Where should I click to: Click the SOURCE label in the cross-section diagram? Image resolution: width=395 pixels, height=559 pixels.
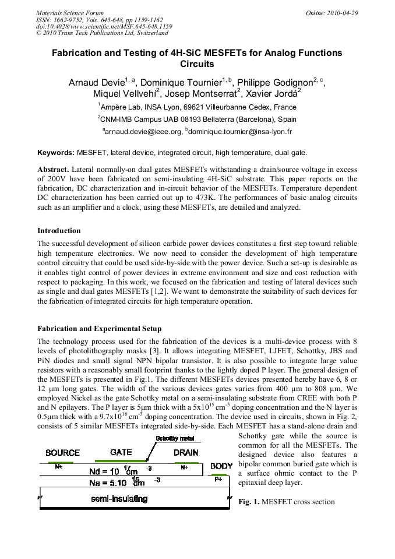[x=62, y=452]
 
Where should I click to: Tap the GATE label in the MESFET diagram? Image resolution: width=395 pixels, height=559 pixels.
[x=121, y=452]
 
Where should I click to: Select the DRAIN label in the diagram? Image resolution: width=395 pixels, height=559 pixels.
[x=186, y=452]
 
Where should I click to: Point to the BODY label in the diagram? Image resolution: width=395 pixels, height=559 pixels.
[x=221, y=466]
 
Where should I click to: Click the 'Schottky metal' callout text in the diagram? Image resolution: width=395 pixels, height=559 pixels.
[x=175, y=438]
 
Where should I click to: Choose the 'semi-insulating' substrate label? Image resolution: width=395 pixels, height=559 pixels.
[x=119, y=498]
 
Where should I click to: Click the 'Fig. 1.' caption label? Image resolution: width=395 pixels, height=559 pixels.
[x=249, y=501]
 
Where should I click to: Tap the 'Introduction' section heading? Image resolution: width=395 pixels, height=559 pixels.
[x=59, y=231]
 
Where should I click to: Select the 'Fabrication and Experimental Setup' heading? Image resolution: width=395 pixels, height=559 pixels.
[x=99, y=329]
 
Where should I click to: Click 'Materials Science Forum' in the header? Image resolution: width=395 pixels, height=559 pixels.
[x=70, y=13]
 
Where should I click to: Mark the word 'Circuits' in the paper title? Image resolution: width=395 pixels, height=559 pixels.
[x=198, y=64]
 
